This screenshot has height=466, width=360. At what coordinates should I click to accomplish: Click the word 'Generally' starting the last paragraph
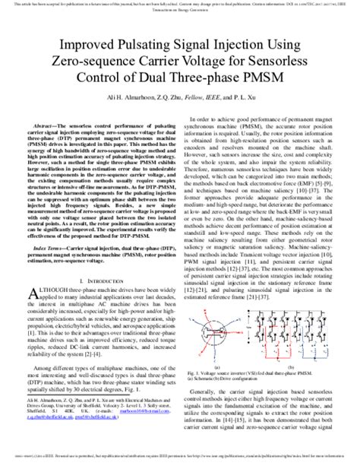[215, 386]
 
